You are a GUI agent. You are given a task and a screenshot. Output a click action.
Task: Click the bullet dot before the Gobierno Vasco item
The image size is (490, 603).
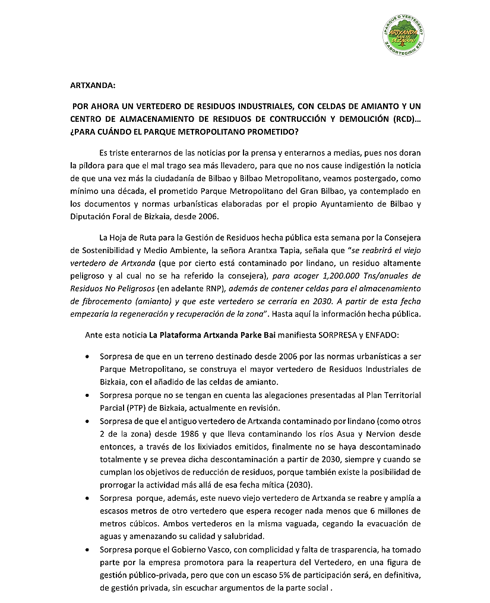[x=88, y=549]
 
